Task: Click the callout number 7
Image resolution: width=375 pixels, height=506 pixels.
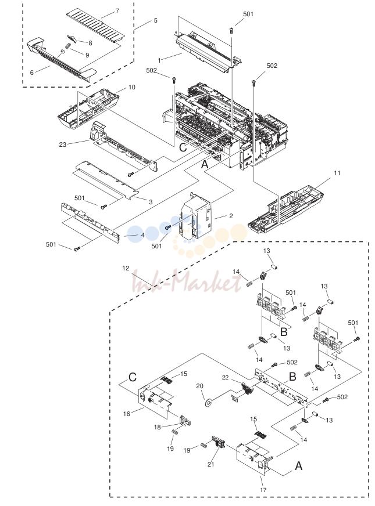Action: click(117, 11)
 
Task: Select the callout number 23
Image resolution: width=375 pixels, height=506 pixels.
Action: click(63, 144)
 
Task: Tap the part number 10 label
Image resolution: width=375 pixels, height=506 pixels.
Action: click(132, 87)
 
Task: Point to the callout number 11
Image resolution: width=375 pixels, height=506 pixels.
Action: click(337, 174)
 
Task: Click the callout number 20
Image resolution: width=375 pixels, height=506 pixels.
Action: click(200, 386)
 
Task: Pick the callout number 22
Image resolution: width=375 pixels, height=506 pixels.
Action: click(226, 377)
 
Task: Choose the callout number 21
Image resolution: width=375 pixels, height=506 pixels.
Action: click(211, 464)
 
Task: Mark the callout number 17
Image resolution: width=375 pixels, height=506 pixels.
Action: click(263, 490)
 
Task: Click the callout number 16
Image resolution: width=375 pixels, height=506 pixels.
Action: click(127, 414)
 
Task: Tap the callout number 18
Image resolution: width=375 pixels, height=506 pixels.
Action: click(158, 427)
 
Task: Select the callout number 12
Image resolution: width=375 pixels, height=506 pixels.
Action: click(126, 268)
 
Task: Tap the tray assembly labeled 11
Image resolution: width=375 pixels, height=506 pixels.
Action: click(286, 209)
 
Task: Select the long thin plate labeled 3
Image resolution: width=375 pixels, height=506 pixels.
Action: click(107, 179)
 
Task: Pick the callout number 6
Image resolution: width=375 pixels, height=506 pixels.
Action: click(31, 73)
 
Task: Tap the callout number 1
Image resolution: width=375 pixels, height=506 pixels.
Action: click(159, 60)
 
